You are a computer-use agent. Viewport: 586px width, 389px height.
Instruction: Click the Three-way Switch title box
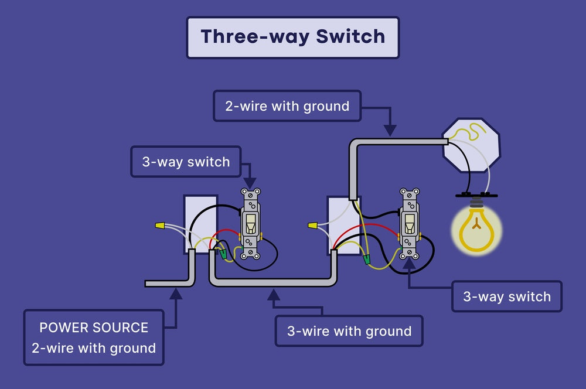coord(292,37)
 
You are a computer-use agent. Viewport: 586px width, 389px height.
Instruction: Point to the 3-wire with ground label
coord(349,331)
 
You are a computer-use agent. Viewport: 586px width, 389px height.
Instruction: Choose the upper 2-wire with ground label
coord(287,106)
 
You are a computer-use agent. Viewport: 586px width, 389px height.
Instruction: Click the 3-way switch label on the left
coord(186,162)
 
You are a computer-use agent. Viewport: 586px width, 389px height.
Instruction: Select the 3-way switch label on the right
coord(507,296)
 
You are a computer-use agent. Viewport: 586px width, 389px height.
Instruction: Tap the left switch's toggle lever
coord(250,223)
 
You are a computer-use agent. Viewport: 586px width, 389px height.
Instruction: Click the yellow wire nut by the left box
coord(159,225)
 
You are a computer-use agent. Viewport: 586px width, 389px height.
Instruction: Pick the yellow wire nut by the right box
coord(312,225)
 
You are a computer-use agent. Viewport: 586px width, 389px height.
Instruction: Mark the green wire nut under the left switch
coord(223,253)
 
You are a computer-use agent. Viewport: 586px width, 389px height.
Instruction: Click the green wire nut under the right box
coord(367,258)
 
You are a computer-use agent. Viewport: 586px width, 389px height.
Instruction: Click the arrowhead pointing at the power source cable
coord(175,294)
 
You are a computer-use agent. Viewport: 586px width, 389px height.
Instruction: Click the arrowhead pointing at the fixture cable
coord(390,130)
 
